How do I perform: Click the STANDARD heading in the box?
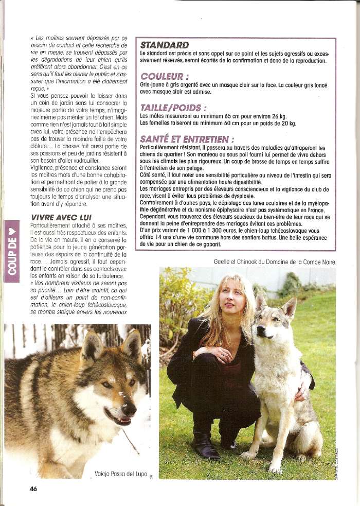coord(165,45)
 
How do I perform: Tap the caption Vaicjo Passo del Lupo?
coord(121,473)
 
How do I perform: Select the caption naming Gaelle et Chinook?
coord(275,262)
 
